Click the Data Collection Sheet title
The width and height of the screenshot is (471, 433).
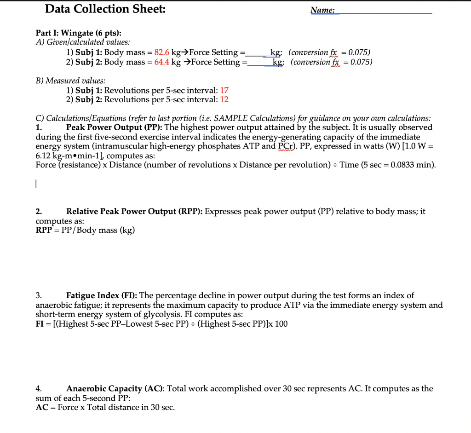click(x=106, y=9)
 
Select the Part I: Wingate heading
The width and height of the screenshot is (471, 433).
click(x=79, y=33)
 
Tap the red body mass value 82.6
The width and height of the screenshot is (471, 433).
click(x=162, y=52)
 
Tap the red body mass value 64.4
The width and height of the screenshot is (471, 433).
click(x=162, y=62)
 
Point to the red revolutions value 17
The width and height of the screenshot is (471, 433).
click(x=224, y=90)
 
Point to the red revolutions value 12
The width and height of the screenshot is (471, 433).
click(x=224, y=99)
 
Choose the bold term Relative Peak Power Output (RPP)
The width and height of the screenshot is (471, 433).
click(x=134, y=212)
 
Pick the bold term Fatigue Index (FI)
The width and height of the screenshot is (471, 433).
click(x=101, y=295)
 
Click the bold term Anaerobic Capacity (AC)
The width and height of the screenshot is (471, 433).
click(x=115, y=388)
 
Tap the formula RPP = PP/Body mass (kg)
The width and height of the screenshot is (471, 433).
click(x=85, y=230)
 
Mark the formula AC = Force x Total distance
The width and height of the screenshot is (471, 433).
click(x=105, y=407)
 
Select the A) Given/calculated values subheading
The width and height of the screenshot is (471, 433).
click(x=76, y=42)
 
